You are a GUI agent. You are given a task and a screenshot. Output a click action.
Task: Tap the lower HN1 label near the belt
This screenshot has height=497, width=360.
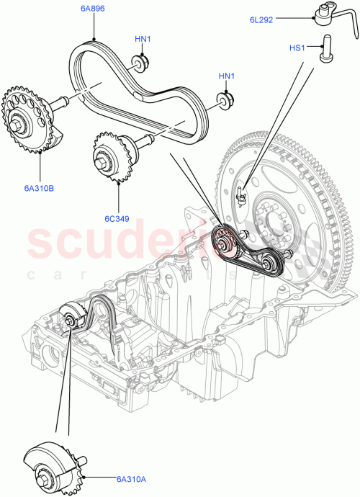pos(228,76)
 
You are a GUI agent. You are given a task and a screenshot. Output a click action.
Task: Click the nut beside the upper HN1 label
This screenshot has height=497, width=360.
pos(138,63)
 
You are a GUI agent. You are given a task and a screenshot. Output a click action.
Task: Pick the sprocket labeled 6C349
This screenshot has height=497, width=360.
pos(107,154)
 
